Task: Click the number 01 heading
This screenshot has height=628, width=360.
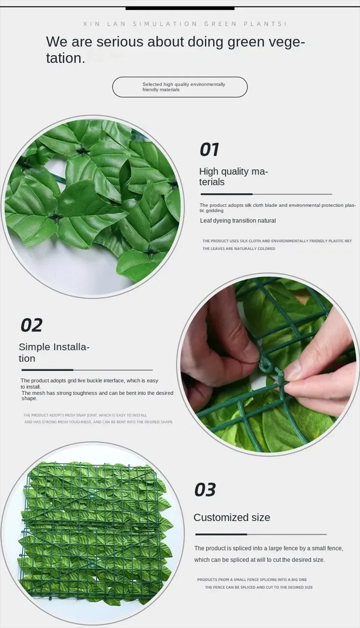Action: pyautogui.click(x=209, y=150)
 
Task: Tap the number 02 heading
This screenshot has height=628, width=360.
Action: pyautogui.click(x=31, y=325)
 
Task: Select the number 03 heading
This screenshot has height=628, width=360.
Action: pyautogui.click(x=205, y=490)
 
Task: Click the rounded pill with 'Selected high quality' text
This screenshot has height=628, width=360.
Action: pyautogui.click(x=180, y=87)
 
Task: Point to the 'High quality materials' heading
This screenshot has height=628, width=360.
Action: pyautogui.click(x=233, y=176)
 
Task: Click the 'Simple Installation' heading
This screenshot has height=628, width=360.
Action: pyautogui.click(x=54, y=352)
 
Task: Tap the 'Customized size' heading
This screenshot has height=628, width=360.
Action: pyautogui.click(x=231, y=518)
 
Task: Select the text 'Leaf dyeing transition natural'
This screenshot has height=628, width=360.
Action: pyautogui.click(x=238, y=221)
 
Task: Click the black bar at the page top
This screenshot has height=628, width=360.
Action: pyautogui.click(x=180, y=8)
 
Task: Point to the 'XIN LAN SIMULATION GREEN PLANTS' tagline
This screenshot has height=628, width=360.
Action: pyautogui.click(x=185, y=24)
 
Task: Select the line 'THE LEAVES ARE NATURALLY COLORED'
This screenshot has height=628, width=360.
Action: pyautogui.click(x=238, y=249)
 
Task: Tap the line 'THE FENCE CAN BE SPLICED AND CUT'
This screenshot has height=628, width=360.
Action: pyautogui.click(x=258, y=587)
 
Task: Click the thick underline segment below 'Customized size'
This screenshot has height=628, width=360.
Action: pyautogui.click(x=221, y=534)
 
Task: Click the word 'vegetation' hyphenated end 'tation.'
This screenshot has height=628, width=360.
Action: pyautogui.click(x=65, y=58)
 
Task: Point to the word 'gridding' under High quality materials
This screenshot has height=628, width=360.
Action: pyautogui.click(x=214, y=211)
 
